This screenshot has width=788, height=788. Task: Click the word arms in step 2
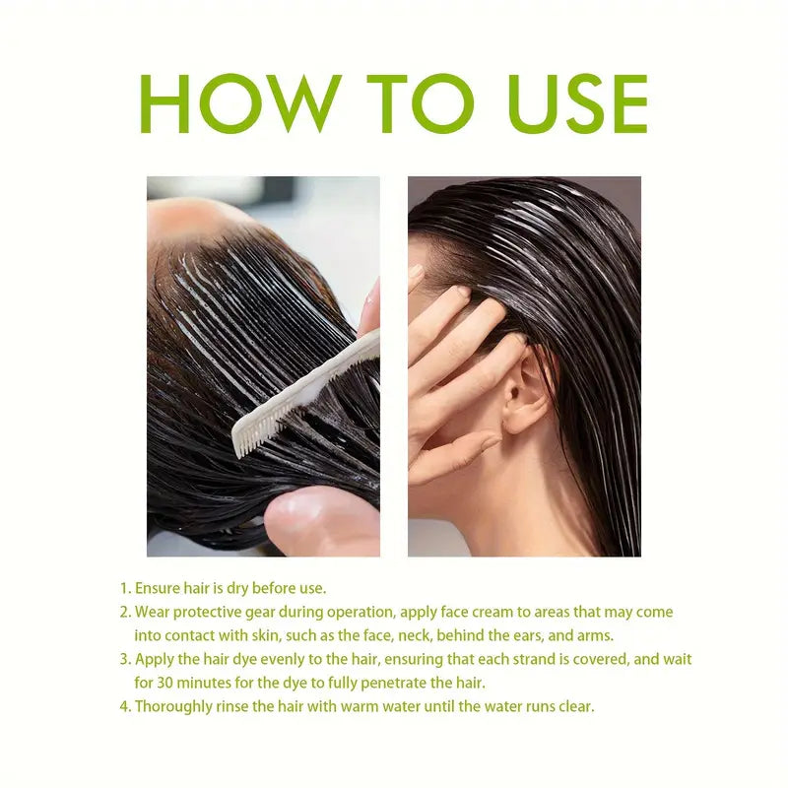tap(595, 635)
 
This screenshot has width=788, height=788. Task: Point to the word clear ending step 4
tap(575, 706)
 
